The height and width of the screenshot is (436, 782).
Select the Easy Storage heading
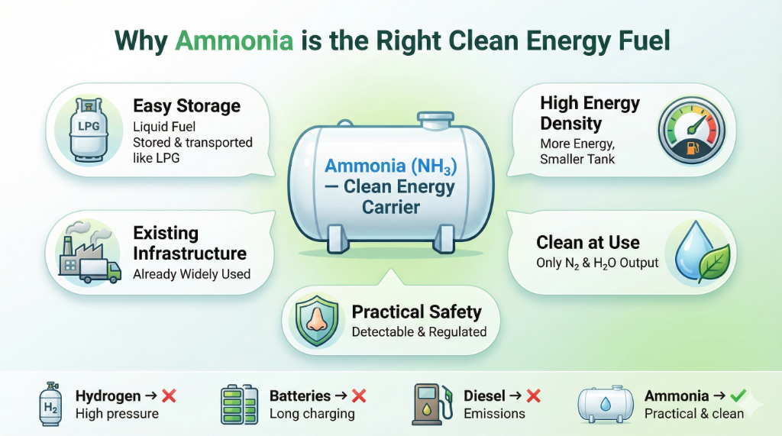[x=186, y=105]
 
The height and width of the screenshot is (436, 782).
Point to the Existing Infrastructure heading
[x=189, y=243]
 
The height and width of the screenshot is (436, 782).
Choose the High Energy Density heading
[x=590, y=113]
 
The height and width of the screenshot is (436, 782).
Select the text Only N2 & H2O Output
[x=596, y=263]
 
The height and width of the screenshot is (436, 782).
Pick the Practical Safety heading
[x=416, y=312]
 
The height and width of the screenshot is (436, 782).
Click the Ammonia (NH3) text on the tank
[x=390, y=166]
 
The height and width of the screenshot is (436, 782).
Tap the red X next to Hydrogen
[x=170, y=396]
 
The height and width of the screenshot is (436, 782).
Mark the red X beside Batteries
[x=359, y=396]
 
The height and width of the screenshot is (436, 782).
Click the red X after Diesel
[x=534, y=396]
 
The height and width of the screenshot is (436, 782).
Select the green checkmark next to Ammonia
[x=738, y=396]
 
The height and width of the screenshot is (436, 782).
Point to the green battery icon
[x=240, y=404]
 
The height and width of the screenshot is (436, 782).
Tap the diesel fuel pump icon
[x=432, y=403]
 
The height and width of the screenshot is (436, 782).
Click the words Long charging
[x=312, y=414]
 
